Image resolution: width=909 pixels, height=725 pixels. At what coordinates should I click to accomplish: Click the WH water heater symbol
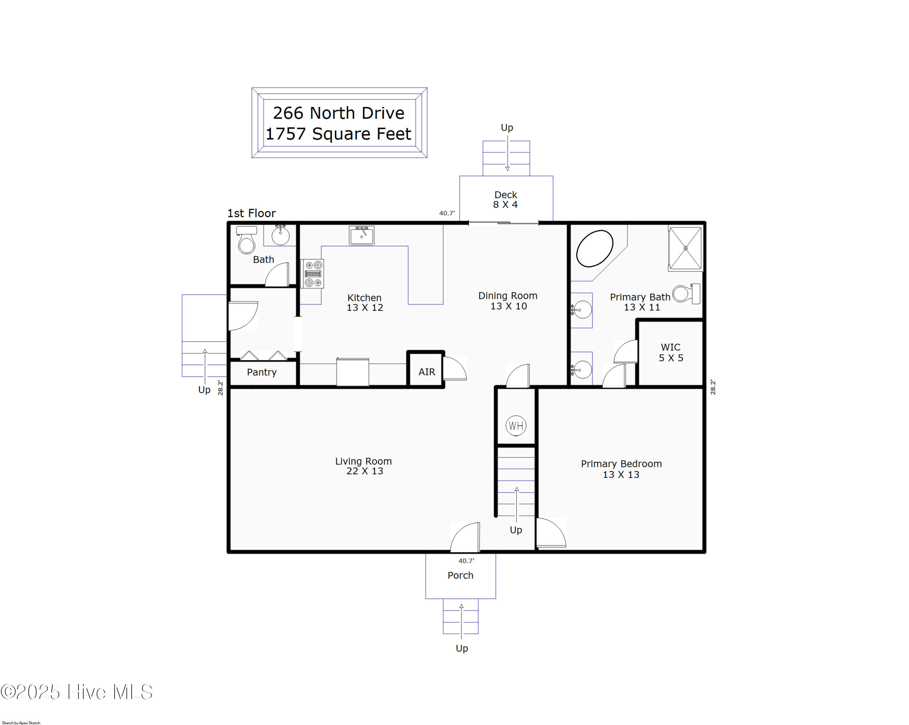[516, 426]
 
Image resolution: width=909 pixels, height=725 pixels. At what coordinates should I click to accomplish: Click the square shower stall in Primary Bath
[686, 248]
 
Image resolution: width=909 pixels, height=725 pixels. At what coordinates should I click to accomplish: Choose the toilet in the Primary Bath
[686, 294]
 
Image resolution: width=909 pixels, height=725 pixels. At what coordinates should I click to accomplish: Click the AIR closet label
[427, 372]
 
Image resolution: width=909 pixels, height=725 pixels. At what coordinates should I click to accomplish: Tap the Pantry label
[262, 372]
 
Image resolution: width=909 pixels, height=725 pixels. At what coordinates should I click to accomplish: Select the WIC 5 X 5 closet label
[671, 352]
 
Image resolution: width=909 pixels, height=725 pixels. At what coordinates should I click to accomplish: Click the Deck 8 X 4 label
[505, 200]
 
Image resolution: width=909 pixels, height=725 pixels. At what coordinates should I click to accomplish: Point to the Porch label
[460, 575]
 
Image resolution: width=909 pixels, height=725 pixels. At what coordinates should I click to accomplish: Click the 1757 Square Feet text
[338, 134]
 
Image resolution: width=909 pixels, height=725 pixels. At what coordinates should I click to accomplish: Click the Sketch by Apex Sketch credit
[21, 723]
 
